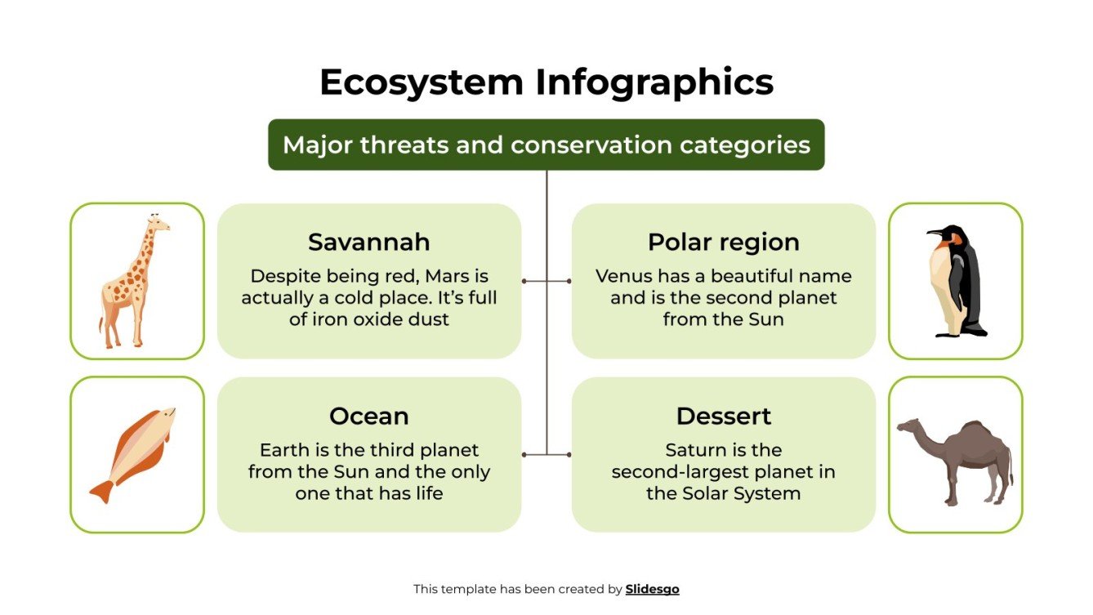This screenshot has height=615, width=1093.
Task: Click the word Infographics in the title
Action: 654,82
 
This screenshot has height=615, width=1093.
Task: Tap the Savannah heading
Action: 368,242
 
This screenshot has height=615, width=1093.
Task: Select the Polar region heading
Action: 723,242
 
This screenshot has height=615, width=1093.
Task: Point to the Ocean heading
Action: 368,416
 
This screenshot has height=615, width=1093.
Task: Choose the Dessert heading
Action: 723,416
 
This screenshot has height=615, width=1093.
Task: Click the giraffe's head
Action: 158,223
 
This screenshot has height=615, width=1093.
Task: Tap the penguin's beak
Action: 934,233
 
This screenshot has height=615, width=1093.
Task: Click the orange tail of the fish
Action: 102,491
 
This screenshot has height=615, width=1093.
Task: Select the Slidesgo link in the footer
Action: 652,589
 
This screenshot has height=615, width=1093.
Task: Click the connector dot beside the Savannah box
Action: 524,281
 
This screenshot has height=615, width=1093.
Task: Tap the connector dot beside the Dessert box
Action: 569,454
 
